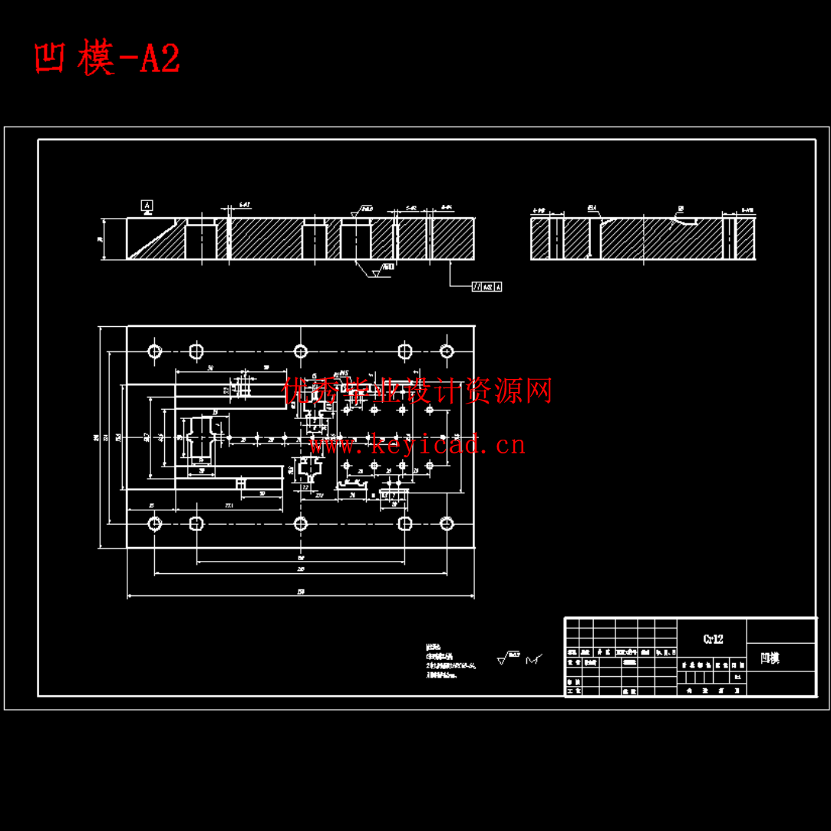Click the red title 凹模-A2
pos(107,59)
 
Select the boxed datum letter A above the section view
pos(147,205)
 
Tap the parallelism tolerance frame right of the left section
pos(486,286)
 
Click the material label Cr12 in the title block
pos(712,638)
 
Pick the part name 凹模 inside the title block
pos(770,658)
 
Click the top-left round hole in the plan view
pos(155,351)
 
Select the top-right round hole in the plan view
pos(447,351)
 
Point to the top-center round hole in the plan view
pos(301,351)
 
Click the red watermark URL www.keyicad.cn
pos(417,444)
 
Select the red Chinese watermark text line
pos(417,391)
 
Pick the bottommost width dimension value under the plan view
pos(301,591)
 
